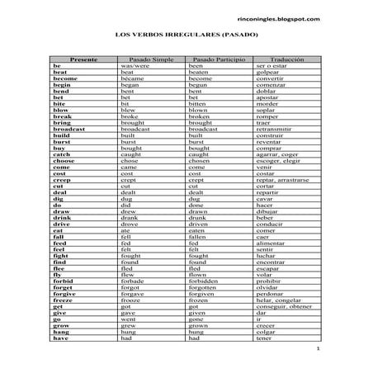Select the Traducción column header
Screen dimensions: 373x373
click(x=287, y=59)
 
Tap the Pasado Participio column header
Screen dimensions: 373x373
click(x=219, y=59)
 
